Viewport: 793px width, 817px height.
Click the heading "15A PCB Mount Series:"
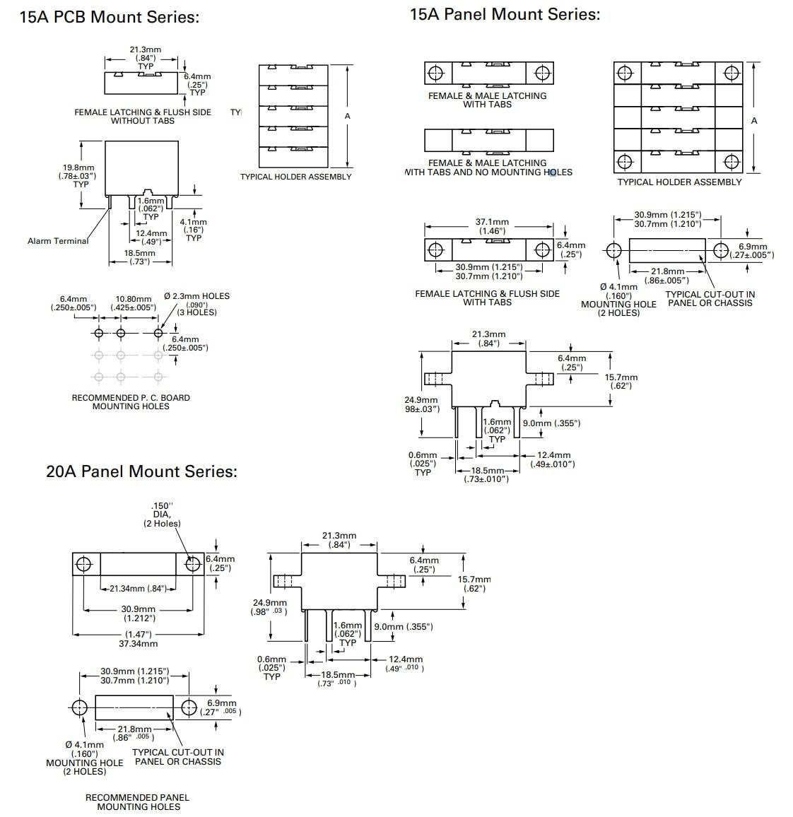click(109, 17)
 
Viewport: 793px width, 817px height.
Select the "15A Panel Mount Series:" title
click(505, 14)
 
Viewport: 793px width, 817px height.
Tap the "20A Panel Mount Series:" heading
click(141, 471)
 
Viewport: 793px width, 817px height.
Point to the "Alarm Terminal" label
click(58, 241)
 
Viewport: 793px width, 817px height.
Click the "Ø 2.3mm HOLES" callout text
click(196, 296)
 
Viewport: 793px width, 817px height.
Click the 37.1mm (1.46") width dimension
click(491, 226)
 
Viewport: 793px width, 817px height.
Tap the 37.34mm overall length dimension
click(139, 643)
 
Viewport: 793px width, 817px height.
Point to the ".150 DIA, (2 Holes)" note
click(162, 515)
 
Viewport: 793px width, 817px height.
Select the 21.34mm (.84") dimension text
click(137, 588)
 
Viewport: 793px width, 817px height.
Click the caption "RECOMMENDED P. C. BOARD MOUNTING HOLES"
click(131, 401)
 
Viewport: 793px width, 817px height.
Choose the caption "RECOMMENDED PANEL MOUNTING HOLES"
click(138, 801)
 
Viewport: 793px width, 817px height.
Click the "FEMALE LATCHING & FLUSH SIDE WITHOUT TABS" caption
click(143, 116)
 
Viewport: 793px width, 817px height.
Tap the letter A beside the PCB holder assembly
click(347, 116)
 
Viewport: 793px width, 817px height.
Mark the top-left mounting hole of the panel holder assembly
click(625, 73)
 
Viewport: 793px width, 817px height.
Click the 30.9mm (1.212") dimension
click(139, 613)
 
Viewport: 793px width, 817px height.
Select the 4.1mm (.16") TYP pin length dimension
click(194, 230)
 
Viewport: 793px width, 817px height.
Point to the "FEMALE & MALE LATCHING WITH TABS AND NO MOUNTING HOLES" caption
click(488, 167)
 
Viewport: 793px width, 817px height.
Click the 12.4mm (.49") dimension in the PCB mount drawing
click(151, 237)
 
